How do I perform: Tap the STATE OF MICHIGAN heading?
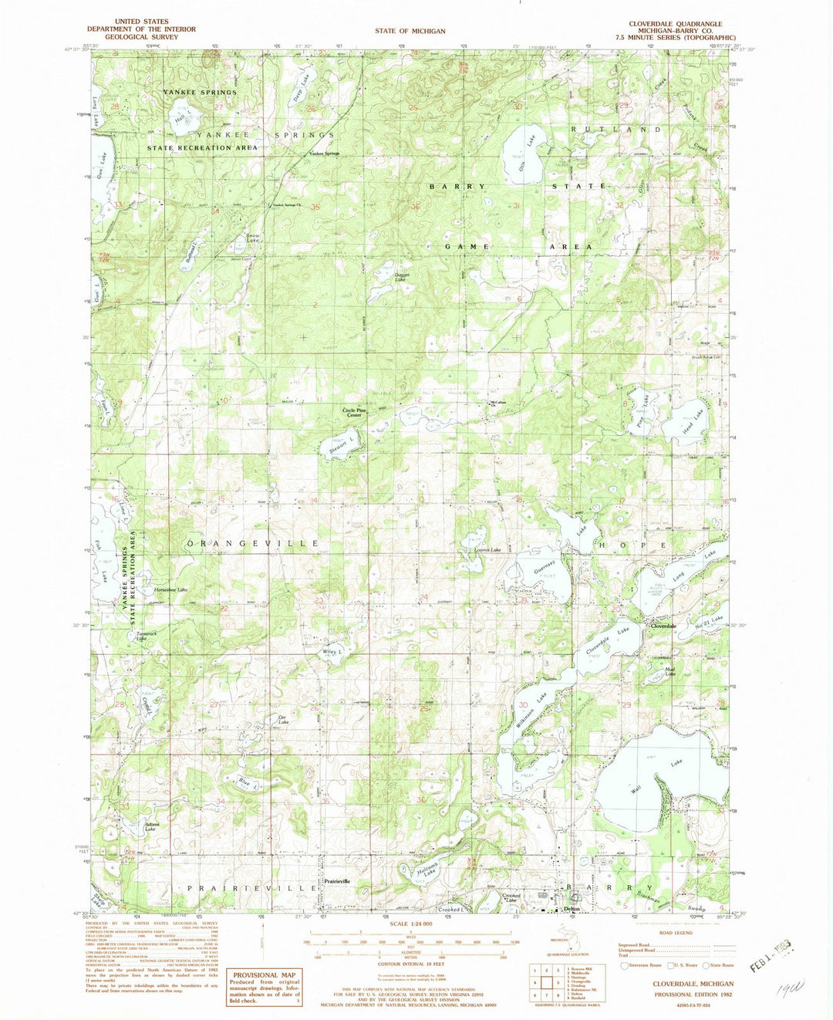tap(410, 31)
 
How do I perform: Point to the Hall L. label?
tap(182, 119)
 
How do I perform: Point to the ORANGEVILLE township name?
tap(253, 543)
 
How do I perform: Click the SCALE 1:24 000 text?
tap(410, 924)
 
